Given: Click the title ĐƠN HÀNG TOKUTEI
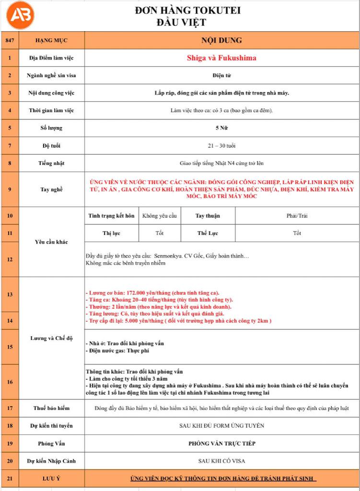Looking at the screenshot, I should [x=187, y=11].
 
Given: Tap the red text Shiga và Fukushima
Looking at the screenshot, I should [x=221, y=58].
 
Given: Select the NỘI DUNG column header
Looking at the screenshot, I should [x=221, y=40].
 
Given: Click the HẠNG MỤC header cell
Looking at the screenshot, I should [x=51, y=40].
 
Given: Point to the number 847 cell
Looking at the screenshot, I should [x=10, y=40].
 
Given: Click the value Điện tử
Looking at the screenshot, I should [x=221, y=76].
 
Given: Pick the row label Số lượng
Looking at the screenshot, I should [x=51, y=128].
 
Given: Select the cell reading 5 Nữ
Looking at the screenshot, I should [x=221, y=128].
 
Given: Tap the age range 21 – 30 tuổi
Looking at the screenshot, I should [x=221, y=145].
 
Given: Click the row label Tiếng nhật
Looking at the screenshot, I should [x=51, y=163].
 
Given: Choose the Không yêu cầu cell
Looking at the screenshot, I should [x=160, y=216].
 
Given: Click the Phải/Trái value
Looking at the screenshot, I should [x=297, y=216].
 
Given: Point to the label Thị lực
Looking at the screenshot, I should [x=111, y=234].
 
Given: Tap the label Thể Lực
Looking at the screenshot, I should [x=208, y=234].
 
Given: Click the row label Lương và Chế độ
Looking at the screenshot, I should [x=51, y=338].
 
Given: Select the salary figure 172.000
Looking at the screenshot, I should [x=127, y=293].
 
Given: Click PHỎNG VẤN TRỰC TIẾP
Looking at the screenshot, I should [x=221, y=444].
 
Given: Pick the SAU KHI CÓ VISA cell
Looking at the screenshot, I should [x=221, y=461].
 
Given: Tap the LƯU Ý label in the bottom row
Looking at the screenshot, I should [x=51, y=479].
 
